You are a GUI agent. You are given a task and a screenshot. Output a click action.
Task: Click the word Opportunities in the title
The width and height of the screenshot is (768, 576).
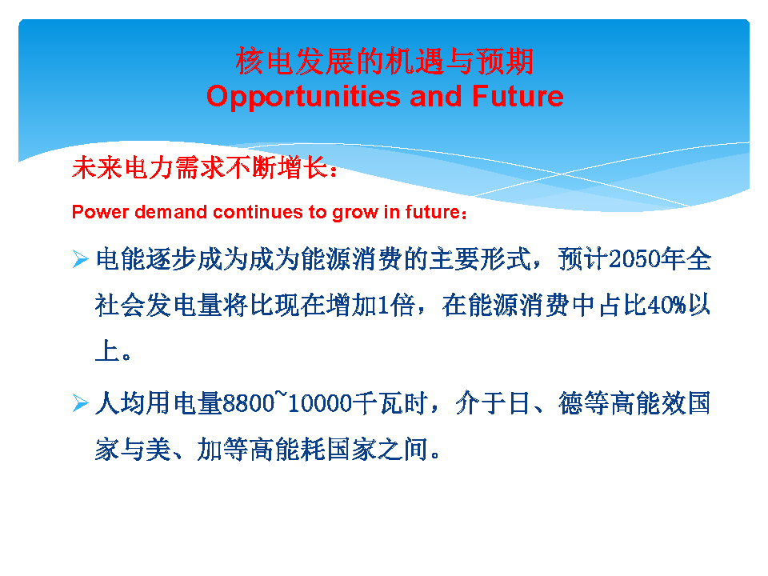click(303, 97)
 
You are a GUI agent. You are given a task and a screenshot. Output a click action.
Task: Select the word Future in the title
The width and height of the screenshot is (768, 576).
click(518, 95)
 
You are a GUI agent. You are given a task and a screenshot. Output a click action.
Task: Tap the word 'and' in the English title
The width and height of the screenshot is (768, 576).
click(436, 95)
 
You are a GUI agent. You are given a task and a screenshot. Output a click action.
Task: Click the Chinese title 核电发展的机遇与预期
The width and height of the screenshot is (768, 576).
click(385, 62)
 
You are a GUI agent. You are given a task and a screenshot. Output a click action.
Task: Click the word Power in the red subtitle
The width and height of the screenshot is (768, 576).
click(100, 212)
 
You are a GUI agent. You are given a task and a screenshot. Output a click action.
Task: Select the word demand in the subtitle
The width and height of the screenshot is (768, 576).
click(171, 212)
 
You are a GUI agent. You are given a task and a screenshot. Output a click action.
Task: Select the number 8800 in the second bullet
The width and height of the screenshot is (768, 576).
click(248, 403)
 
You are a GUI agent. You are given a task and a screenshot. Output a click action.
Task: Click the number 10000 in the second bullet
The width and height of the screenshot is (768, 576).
click(320, 403)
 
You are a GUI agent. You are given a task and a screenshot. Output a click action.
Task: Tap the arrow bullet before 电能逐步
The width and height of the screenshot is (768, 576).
click(80, 258)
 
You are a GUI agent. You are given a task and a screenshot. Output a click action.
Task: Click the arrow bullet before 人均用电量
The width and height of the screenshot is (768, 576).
click(80, 403)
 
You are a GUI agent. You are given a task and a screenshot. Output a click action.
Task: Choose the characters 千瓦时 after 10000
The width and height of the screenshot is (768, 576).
click(390, 403)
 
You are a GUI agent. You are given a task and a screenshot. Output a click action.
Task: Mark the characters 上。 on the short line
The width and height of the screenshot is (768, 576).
click(113, 351)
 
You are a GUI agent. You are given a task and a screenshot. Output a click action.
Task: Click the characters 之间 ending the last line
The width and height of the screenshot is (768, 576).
click(403, 449)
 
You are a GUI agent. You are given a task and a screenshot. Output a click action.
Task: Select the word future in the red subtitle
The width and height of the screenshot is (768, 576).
click(433, 212)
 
